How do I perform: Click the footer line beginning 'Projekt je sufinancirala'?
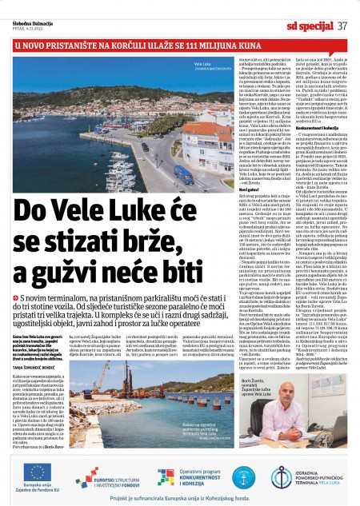pyautogui.click(x=179, y=498)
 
